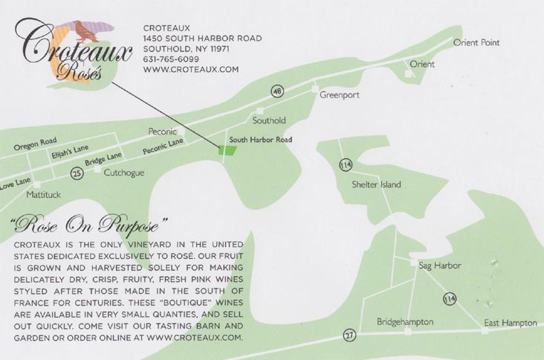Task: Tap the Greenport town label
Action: [x=340, y=95]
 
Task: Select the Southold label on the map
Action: [x=269, y=120]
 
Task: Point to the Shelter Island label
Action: [x=376, y=184]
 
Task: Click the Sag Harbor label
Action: [x=440, y=266]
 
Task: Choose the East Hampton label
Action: [x=510, y=323]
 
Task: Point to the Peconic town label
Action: [x=162, y=129]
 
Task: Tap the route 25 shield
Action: [x=76, y=173]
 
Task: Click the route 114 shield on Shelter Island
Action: [x=345, y=164]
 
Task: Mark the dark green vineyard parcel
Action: [x=227, y=150]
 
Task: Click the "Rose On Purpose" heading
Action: [x=87, y=224]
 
